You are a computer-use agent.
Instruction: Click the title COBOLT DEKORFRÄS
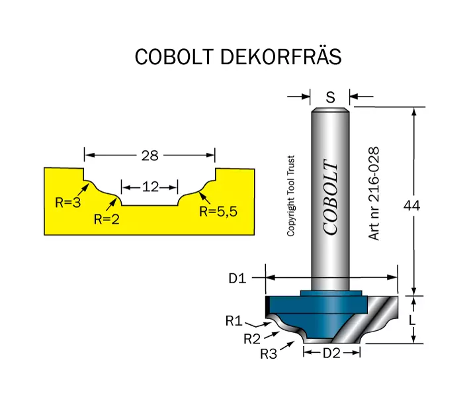238,56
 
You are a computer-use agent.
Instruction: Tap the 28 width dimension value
150,156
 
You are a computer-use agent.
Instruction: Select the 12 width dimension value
150,187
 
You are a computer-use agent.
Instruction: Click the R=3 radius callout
68,203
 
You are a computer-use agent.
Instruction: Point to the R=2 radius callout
107,220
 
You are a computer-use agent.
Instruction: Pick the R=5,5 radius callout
218,212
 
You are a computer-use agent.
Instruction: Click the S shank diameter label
330,97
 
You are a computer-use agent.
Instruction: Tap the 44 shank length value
411,206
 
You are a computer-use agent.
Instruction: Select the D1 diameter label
237,278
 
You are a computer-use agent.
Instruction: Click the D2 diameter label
331,353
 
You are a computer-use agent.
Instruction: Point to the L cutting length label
412,320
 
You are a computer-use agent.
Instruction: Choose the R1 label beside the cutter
234,321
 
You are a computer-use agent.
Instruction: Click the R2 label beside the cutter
252,339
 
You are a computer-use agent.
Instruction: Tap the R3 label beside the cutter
269,354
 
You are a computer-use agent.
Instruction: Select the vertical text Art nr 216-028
374,193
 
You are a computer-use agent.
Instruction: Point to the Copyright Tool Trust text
290,196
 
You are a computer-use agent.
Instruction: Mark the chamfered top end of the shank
330,110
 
